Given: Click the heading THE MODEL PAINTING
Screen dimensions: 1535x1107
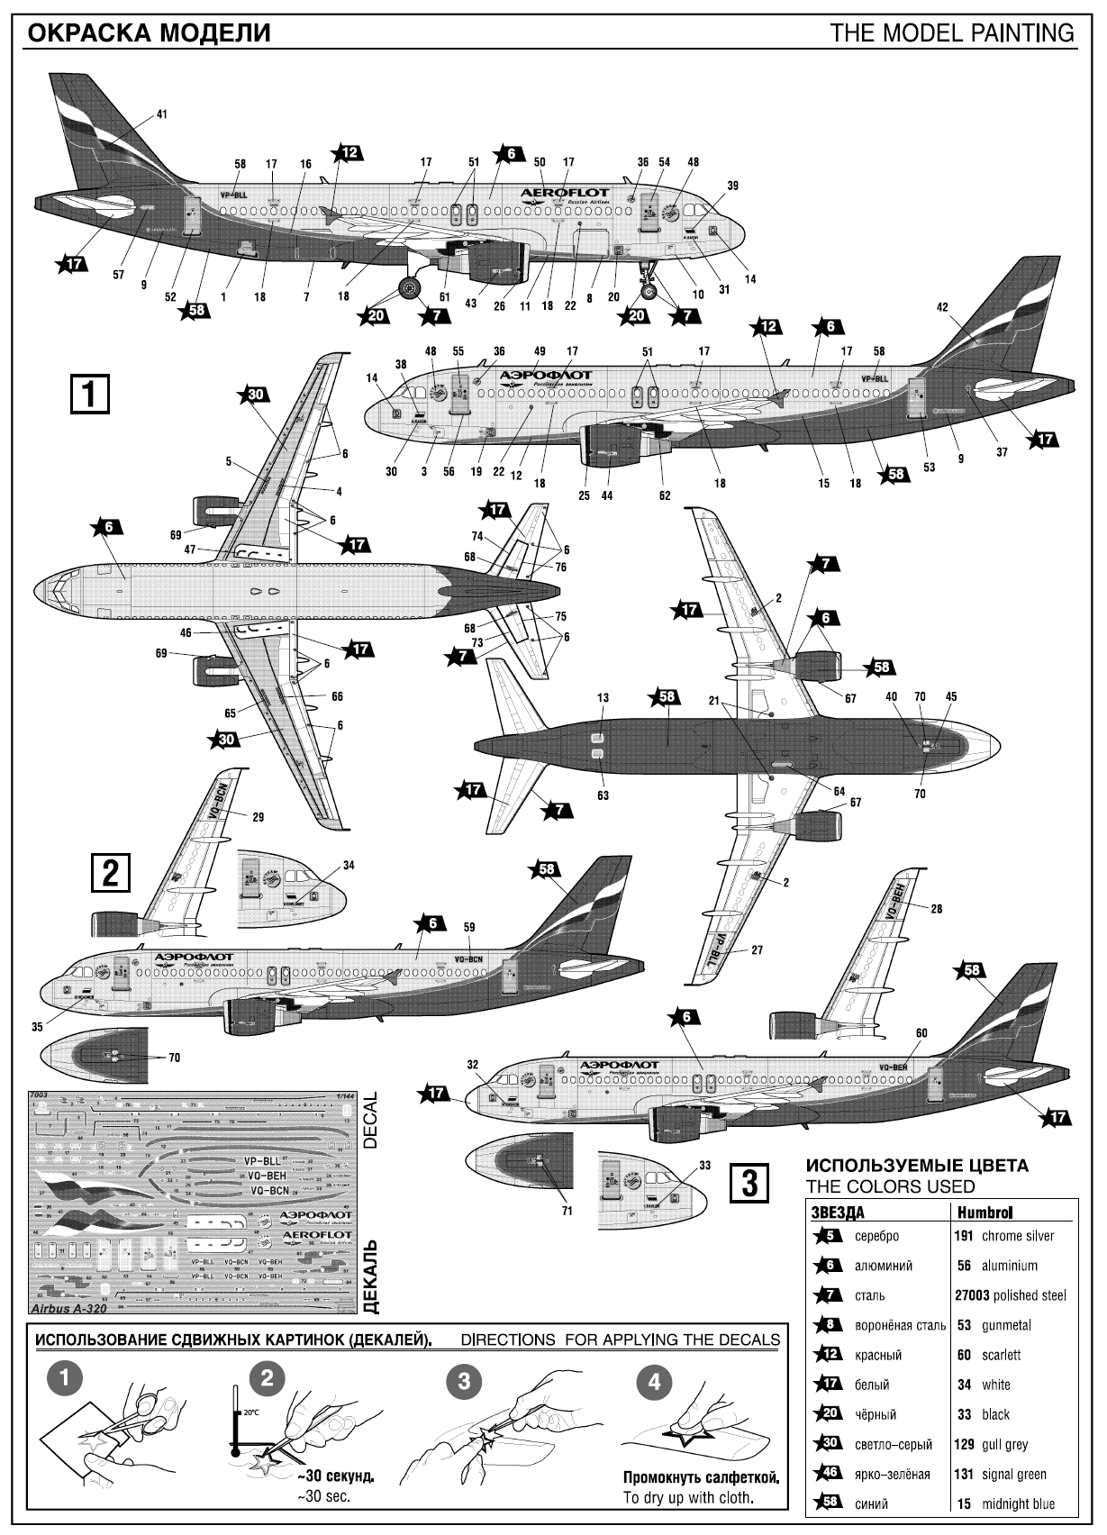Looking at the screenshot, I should (953, 33).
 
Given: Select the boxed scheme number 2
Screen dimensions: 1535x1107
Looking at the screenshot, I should (110, 873).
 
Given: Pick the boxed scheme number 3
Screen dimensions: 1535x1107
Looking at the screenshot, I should (750, 1180).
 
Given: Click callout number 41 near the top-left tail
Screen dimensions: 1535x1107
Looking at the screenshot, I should (162, 114).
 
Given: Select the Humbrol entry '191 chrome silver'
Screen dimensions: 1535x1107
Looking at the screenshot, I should (1003, 1236).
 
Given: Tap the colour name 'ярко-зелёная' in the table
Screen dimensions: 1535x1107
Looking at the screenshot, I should (893, 1475).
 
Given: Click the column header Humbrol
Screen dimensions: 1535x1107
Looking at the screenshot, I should (980, 1213).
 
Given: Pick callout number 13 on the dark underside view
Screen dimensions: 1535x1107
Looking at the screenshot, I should (603, 698).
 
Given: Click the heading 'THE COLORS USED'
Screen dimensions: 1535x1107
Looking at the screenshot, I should (890, 1186).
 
